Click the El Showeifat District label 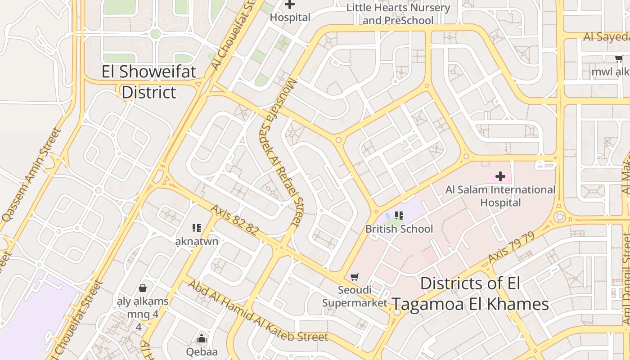coord(149,81)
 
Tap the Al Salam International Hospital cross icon coord(500,176)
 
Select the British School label coord(399,229)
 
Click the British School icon coord(399,216)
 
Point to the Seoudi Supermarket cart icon coord(355,277)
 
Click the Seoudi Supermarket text coord(355,296)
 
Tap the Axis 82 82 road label coord(234,220)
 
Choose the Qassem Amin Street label coord(31,174)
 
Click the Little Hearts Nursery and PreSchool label coord(398,14)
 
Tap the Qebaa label coord(202,351)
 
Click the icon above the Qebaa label coord(202,338)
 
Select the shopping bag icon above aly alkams coord(143,288)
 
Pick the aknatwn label coord(197,241)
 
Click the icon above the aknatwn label coord(197,228)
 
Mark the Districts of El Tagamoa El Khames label coord(470,294)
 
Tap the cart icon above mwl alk coord(619,58)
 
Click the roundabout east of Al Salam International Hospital coord(559,217)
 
